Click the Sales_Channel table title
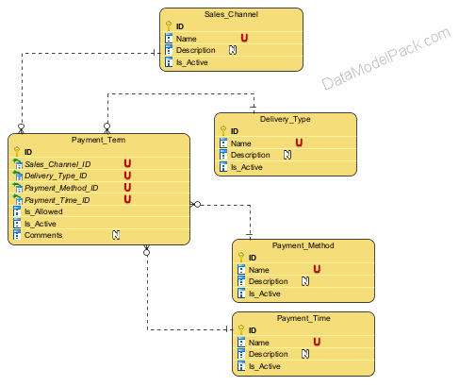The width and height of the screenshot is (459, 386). point(231,14)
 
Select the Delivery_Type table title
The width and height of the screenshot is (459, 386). point(286,119)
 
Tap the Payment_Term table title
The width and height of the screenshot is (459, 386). point(98,140)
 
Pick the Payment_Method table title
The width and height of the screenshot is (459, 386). point(303,245)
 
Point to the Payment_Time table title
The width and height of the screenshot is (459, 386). point(303,318)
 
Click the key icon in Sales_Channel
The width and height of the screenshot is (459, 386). point(169,25)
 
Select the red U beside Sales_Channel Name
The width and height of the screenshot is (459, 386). point(244,38)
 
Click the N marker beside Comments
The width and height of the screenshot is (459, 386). point(116,235)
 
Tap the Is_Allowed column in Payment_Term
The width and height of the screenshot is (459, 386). point(43,211)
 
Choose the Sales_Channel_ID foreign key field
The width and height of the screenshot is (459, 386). point(57,164)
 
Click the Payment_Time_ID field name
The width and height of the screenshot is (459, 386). point(57,200)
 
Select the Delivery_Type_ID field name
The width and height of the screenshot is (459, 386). point(56,176)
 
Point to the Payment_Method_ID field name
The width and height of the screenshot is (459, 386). point(61,188)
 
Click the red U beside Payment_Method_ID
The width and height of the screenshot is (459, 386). point(127,187)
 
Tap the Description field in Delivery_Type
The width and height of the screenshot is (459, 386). point(251,155)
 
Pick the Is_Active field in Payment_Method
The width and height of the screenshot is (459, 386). point(265,294)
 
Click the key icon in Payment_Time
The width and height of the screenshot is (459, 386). point(241,329)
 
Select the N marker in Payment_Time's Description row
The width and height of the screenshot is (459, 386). point(305,354)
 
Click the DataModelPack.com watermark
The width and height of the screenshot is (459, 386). point(386,59)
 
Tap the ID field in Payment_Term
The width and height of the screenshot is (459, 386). point(28,152)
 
